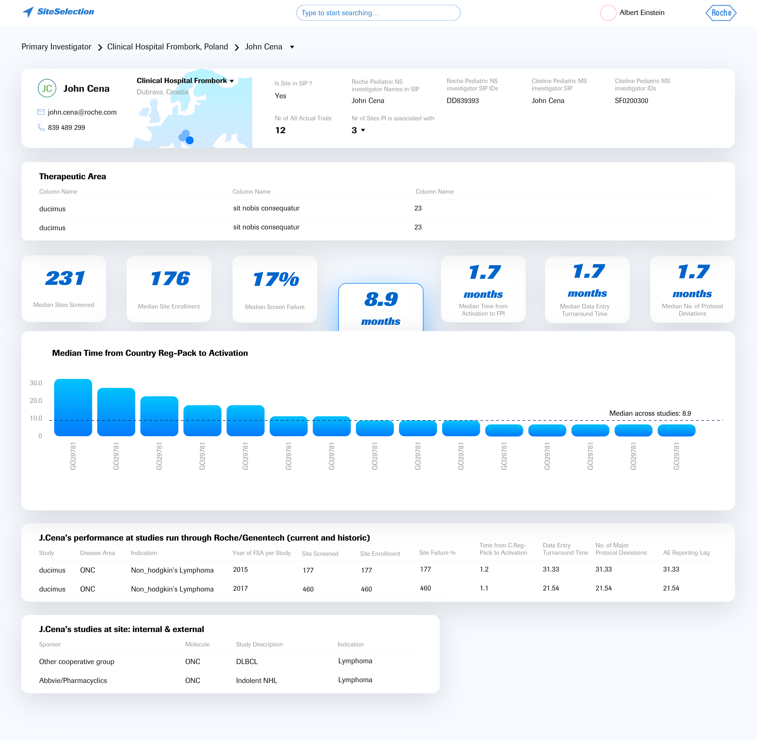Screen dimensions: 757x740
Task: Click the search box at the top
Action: coord(378,13)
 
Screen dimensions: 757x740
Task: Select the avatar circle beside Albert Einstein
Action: coord(608,13)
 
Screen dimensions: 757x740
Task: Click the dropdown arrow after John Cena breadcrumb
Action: coord(292,47)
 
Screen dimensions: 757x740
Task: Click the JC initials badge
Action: coord(47,88)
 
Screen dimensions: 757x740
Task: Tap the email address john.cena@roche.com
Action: coord(82,112)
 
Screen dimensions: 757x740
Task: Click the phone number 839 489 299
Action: coord(67,127)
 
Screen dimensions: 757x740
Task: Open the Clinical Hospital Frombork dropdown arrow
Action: coord(232,81)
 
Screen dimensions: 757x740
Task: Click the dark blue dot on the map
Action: coord(190,140)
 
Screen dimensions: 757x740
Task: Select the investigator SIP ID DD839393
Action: coord(463,101)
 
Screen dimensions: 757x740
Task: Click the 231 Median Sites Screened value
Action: coord(65,278)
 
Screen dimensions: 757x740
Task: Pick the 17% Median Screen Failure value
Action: coord(276,279)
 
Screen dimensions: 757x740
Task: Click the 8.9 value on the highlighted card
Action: coord(381,299)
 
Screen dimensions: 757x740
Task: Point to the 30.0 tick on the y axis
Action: coord(36,383)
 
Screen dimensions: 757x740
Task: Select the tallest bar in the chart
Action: coord(73,407)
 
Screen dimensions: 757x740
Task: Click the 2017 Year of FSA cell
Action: coord(240,588)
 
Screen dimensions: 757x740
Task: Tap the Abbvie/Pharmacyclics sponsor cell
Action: coord(73,681)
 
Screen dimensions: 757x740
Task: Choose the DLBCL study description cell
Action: coord(247,661)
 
